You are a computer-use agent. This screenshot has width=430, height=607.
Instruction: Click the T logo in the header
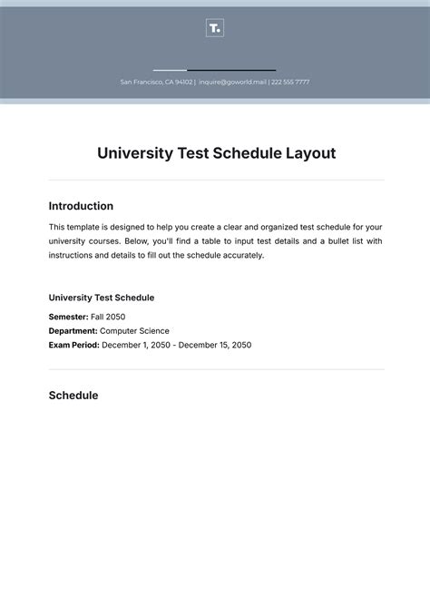214,28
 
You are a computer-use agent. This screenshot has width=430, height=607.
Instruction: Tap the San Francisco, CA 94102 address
155,82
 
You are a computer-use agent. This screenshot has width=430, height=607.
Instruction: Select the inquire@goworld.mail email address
232,82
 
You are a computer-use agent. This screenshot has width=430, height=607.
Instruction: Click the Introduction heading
81,206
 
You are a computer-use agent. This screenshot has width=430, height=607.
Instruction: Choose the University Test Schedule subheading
102,298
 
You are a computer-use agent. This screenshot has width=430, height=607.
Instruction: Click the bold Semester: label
68,317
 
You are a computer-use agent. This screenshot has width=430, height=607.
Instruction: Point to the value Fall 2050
108,317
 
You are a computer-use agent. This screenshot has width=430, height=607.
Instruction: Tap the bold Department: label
73,331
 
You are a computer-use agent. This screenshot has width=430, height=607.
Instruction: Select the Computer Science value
134,331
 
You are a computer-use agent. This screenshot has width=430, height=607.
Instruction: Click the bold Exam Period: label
73,345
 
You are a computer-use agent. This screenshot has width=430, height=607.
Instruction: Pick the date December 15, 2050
215,345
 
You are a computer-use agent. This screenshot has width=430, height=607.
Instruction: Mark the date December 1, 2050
135,345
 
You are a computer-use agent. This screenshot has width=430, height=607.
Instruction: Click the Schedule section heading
73,396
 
